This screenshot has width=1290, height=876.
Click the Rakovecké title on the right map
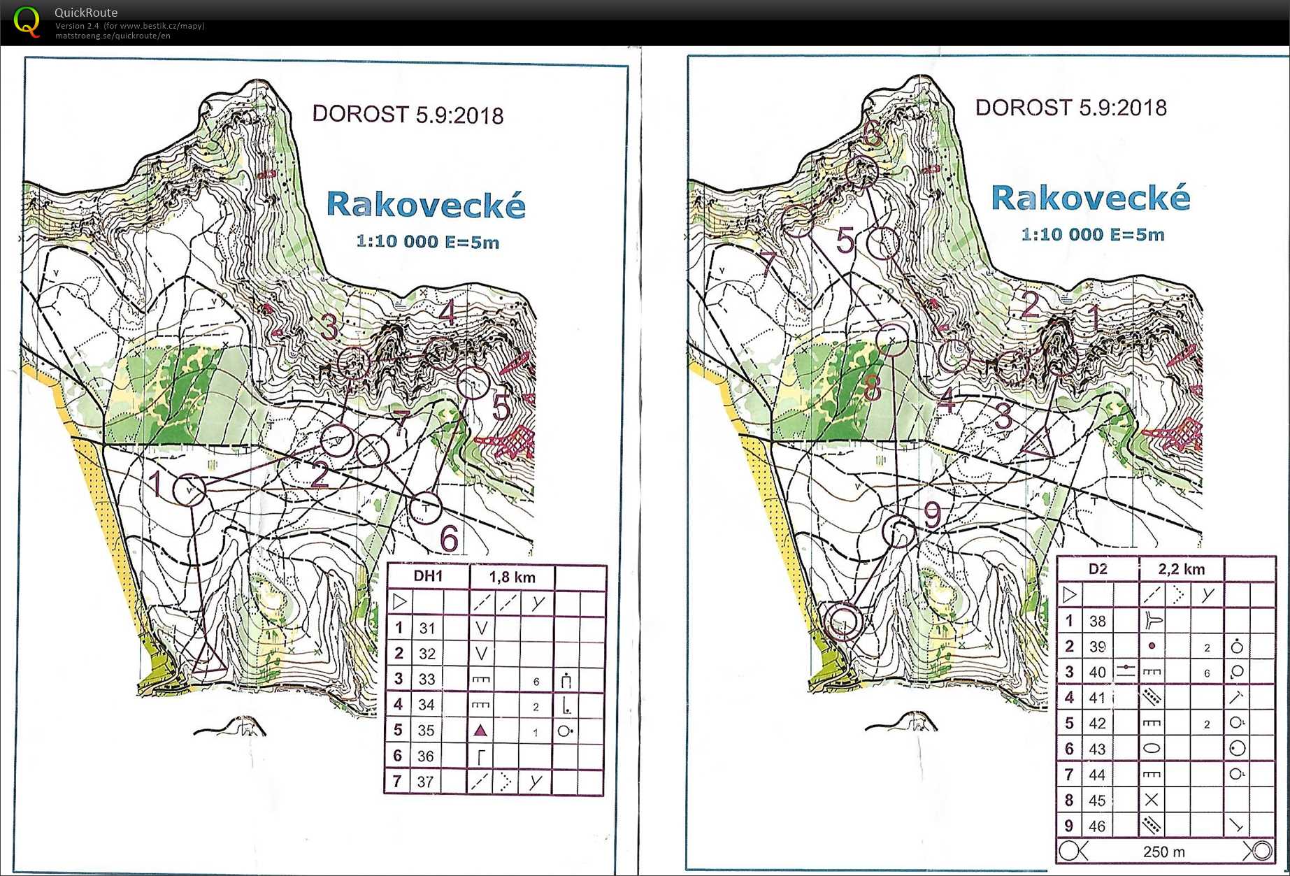click(x=1090, y=199)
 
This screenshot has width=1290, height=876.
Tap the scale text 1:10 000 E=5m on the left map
click(x=427, y=242)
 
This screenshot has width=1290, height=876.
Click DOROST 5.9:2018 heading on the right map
click(x=1070, y=108)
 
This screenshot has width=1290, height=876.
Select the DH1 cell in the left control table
click(x=428, y=576)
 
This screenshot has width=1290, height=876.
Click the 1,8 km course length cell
click(x=512, y=577)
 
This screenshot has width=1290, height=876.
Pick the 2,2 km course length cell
click(x=1181, y=569)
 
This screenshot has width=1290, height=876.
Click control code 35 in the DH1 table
click(x=427, y=731)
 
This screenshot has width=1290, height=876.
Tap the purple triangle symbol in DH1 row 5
click(x=480, y=731)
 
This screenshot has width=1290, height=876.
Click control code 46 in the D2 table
click(x=1097, y=826)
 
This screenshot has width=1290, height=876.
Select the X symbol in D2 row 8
click(x=1152, y=800)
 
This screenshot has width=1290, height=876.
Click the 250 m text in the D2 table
click(x=1163, y=852)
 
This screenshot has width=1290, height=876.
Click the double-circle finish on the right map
click(x=844, y=622)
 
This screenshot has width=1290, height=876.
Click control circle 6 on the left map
click(x=426, y=508)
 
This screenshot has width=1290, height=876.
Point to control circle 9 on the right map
click(x=899, y=531)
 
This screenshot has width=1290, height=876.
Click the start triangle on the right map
click(x=1038, y=443)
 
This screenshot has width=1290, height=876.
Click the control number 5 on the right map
click(x=845, y=240)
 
